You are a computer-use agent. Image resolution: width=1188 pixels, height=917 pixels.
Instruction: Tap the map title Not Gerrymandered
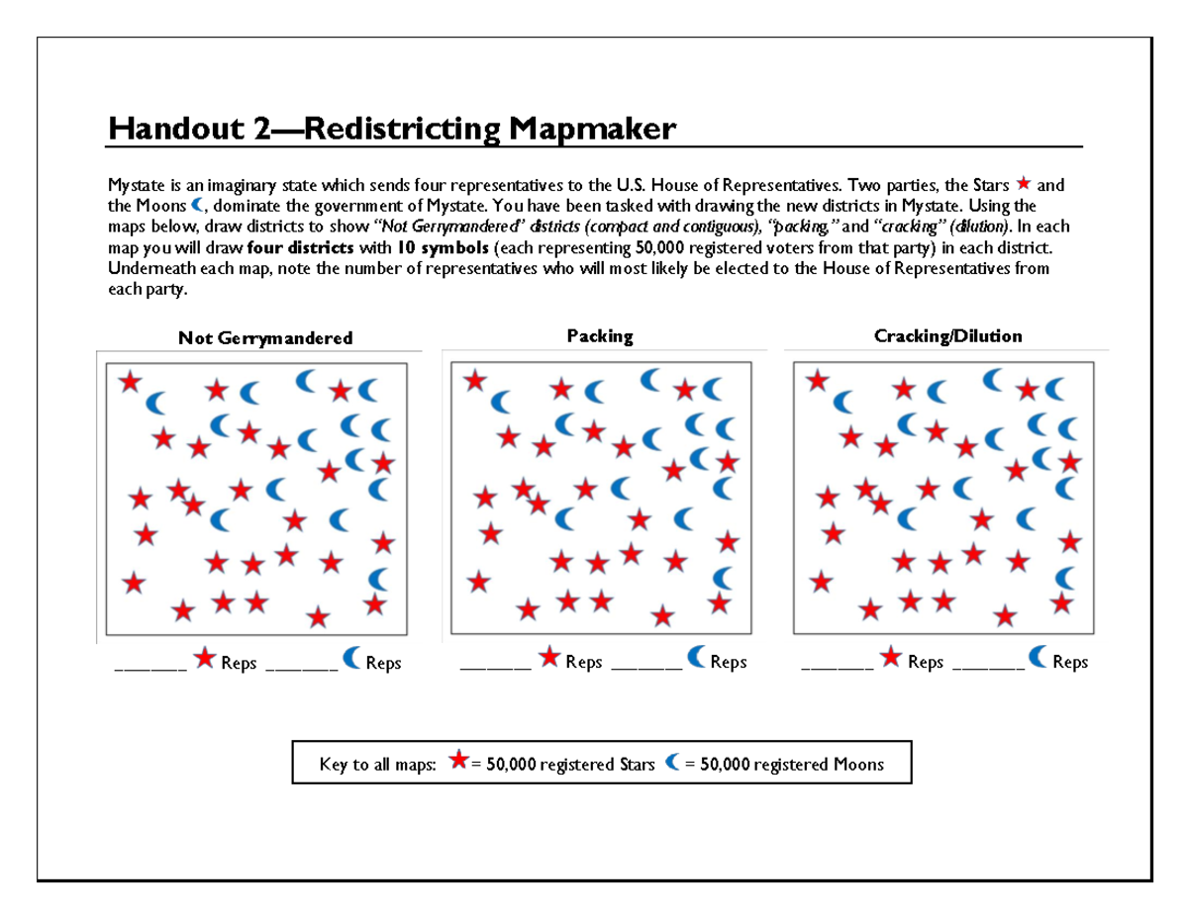tap(265, 338)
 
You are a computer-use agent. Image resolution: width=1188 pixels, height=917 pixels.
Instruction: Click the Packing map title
tap(600, 336)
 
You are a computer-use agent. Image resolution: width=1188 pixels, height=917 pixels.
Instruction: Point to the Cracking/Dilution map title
tap(948, 336)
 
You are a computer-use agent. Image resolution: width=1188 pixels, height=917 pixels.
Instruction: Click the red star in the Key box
tap(458, 761)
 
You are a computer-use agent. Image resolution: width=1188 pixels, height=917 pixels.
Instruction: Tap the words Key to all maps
tap(377, 764)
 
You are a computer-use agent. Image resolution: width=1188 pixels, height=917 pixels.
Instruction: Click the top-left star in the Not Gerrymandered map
tap(130, 381)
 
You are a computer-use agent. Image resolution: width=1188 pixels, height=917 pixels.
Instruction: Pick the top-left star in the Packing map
tap(475, 380)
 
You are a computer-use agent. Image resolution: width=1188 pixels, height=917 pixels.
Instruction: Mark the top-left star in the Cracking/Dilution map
tap(817, 379)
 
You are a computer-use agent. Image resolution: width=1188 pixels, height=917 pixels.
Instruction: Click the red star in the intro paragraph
tap(1024, 185)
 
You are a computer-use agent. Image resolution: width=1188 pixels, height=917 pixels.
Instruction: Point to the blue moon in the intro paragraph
tap(198, 205)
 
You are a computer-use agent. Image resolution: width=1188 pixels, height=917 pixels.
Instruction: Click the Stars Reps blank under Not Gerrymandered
tap(150, 667)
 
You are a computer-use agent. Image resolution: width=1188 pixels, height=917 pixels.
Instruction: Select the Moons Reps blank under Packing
tap(647, 667)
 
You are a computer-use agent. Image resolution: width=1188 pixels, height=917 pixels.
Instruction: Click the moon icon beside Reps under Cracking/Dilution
tap(1040, 656)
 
